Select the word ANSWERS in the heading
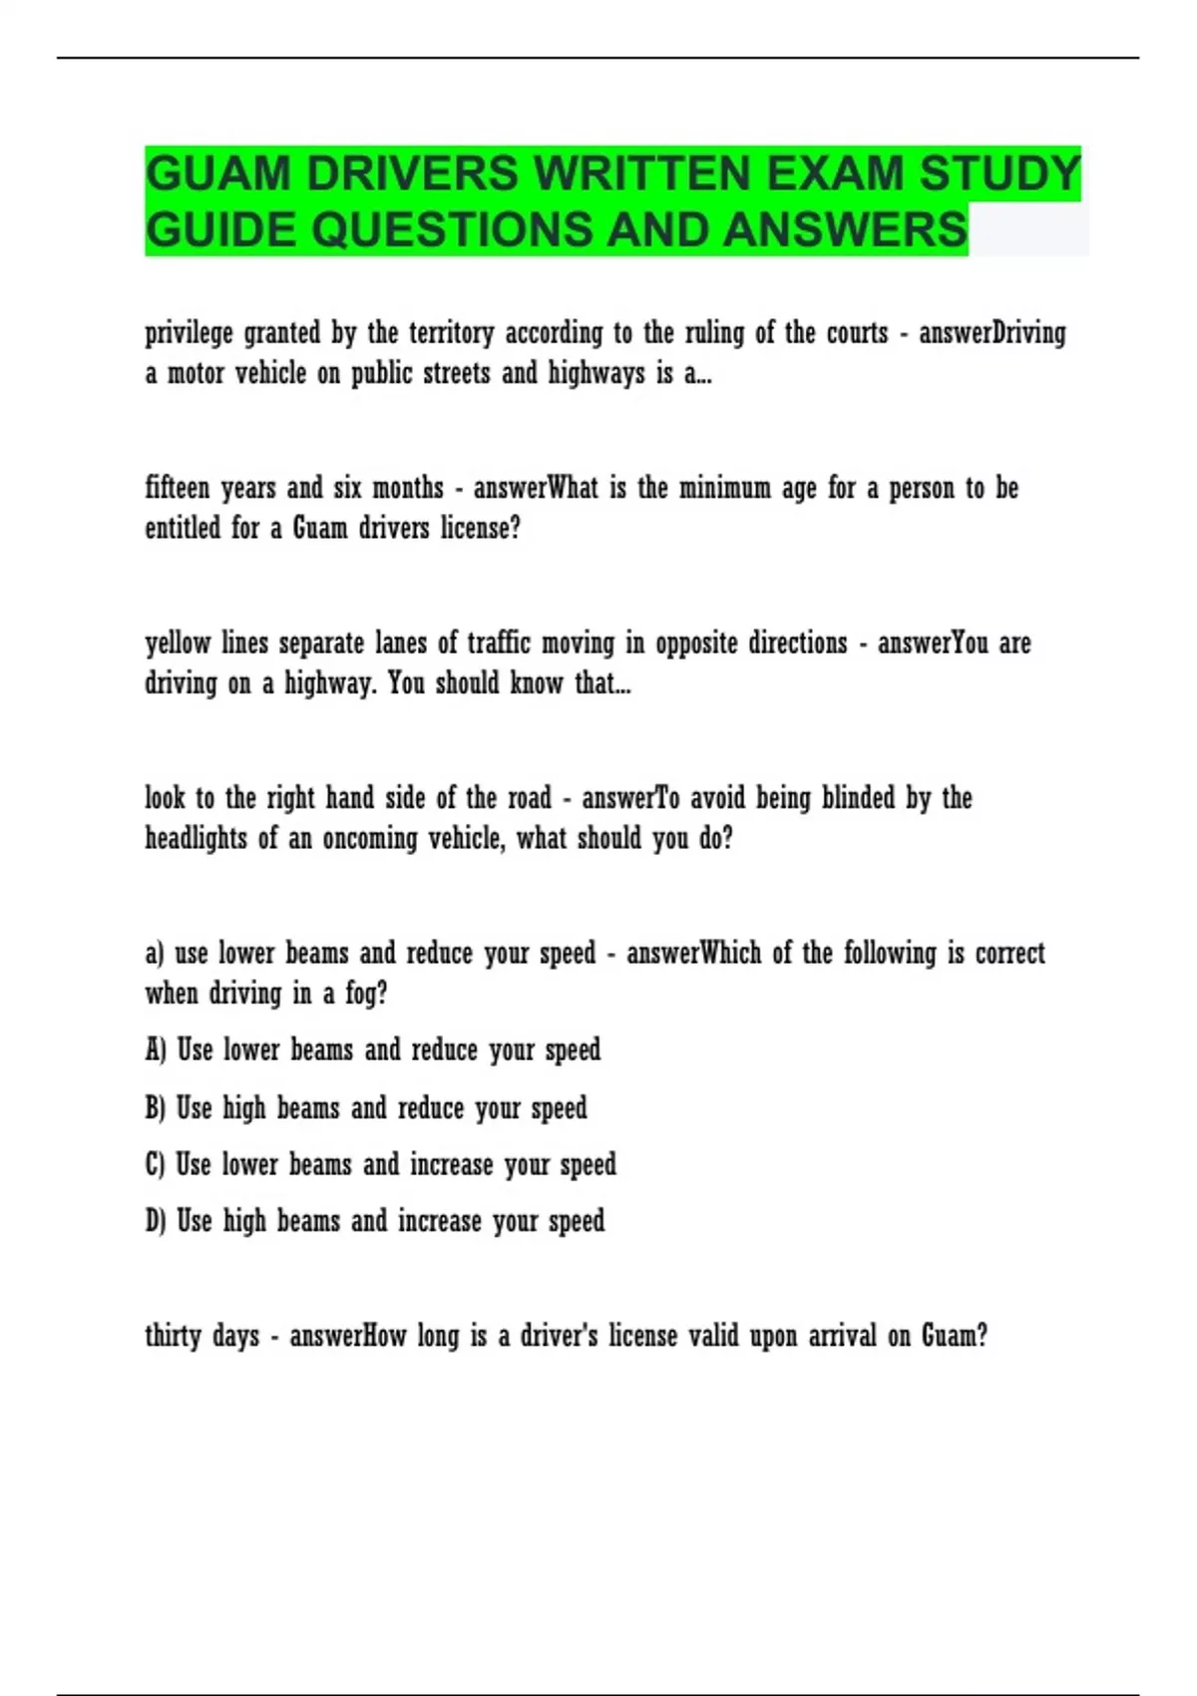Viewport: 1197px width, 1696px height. tap(845, 230)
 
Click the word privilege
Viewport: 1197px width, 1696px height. tap(189, 334)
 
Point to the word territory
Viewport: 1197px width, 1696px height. tap(450, 334)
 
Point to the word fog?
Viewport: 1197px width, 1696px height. tap(366, 995)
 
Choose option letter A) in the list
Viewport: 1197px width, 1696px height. tap(156, 1051)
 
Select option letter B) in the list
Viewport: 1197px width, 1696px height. tap(156, 1108)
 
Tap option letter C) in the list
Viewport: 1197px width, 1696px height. tap(156, 1165)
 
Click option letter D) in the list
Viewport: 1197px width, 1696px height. tap(156, 1222)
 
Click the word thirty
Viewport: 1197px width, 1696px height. tap(174, 1337)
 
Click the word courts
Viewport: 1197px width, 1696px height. tap(857, 334)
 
